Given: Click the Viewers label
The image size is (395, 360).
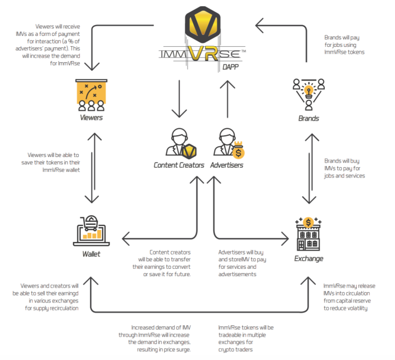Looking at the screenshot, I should click(x=91, y=118).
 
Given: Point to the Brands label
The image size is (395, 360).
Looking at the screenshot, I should click(x=308, y=119).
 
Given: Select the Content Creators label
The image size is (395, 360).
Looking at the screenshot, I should click(x=179, y=165).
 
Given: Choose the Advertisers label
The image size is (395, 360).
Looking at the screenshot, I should click(x=227, y=165).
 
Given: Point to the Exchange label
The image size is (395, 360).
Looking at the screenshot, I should click(x=308, y=258).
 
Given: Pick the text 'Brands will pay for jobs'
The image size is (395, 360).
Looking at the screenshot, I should click(x=341, y=45).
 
